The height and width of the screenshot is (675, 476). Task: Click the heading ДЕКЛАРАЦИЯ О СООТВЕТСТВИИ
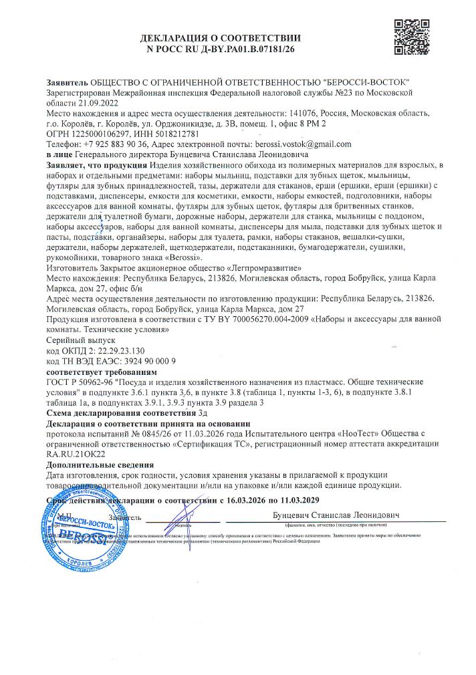point(221,38)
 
